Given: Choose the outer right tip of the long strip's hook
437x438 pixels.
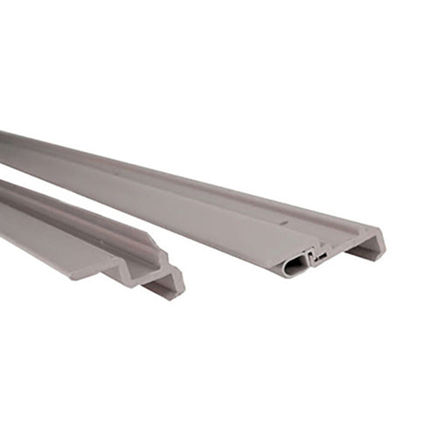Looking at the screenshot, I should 385,234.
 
